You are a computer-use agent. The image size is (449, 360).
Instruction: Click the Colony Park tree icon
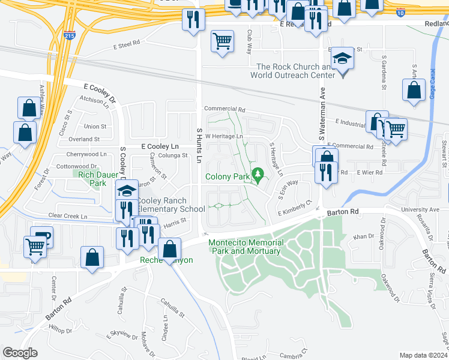pos(259,175)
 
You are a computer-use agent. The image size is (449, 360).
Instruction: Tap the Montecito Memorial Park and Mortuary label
pos(244,247)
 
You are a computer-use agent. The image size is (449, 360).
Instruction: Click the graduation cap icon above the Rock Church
pos(343,58)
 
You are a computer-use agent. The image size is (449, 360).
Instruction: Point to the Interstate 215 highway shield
pos(70,36)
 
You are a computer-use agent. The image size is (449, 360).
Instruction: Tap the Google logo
pos(20,353)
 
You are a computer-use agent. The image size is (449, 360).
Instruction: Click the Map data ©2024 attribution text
pos(423,355)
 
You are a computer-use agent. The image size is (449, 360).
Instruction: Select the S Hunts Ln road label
pos(200,143)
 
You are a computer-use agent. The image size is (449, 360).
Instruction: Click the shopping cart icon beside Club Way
pos(222,41)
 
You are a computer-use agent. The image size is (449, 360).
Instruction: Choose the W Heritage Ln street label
pos(224,136)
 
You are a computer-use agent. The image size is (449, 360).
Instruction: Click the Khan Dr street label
pos(363,237)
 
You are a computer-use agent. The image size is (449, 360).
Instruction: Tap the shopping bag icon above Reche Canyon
pos(170,248)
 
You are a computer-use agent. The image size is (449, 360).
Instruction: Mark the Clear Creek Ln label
pos(68,217)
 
